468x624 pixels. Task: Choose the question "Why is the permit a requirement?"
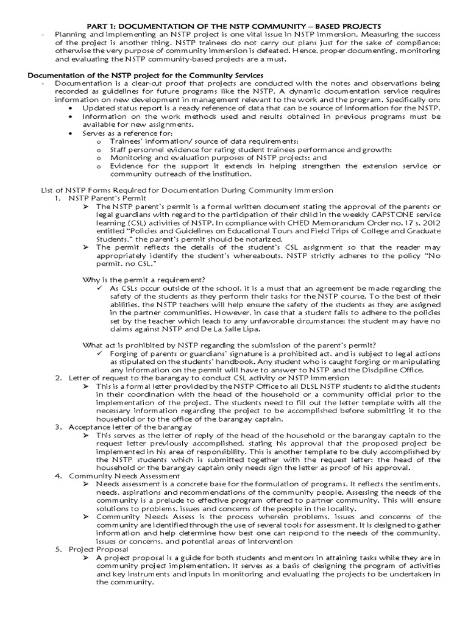click(144, 280)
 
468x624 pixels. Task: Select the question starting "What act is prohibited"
click(229, 345)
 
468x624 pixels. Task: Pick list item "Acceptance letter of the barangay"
click(130, 427)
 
